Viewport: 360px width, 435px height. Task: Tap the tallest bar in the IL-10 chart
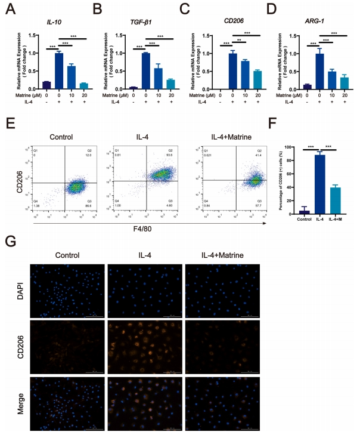[58, 70]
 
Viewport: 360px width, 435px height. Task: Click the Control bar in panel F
[305, 211]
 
